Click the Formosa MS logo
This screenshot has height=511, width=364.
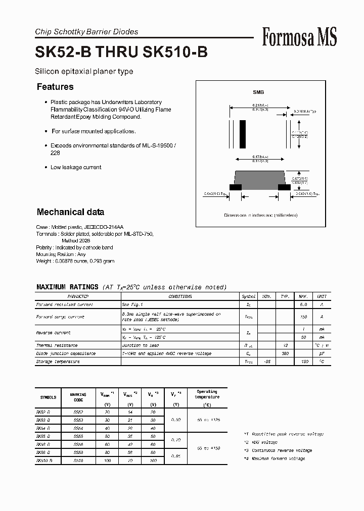point(299,37)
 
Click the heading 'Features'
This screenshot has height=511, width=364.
point(55,87)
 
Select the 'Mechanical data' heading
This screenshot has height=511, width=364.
point(70,212)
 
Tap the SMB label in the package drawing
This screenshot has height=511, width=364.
point(258,92)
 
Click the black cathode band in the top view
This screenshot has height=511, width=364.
point(243,133)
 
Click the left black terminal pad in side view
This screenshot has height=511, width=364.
point(236,187)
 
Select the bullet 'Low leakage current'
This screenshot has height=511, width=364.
point(76,167)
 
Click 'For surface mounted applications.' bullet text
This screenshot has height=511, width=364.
point(94,131)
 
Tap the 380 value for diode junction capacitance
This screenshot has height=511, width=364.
point(285,353)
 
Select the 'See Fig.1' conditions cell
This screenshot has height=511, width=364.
point(132,304)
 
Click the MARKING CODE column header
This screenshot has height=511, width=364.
point(78,397)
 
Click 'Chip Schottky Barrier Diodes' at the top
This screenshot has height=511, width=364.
point(86,32)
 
